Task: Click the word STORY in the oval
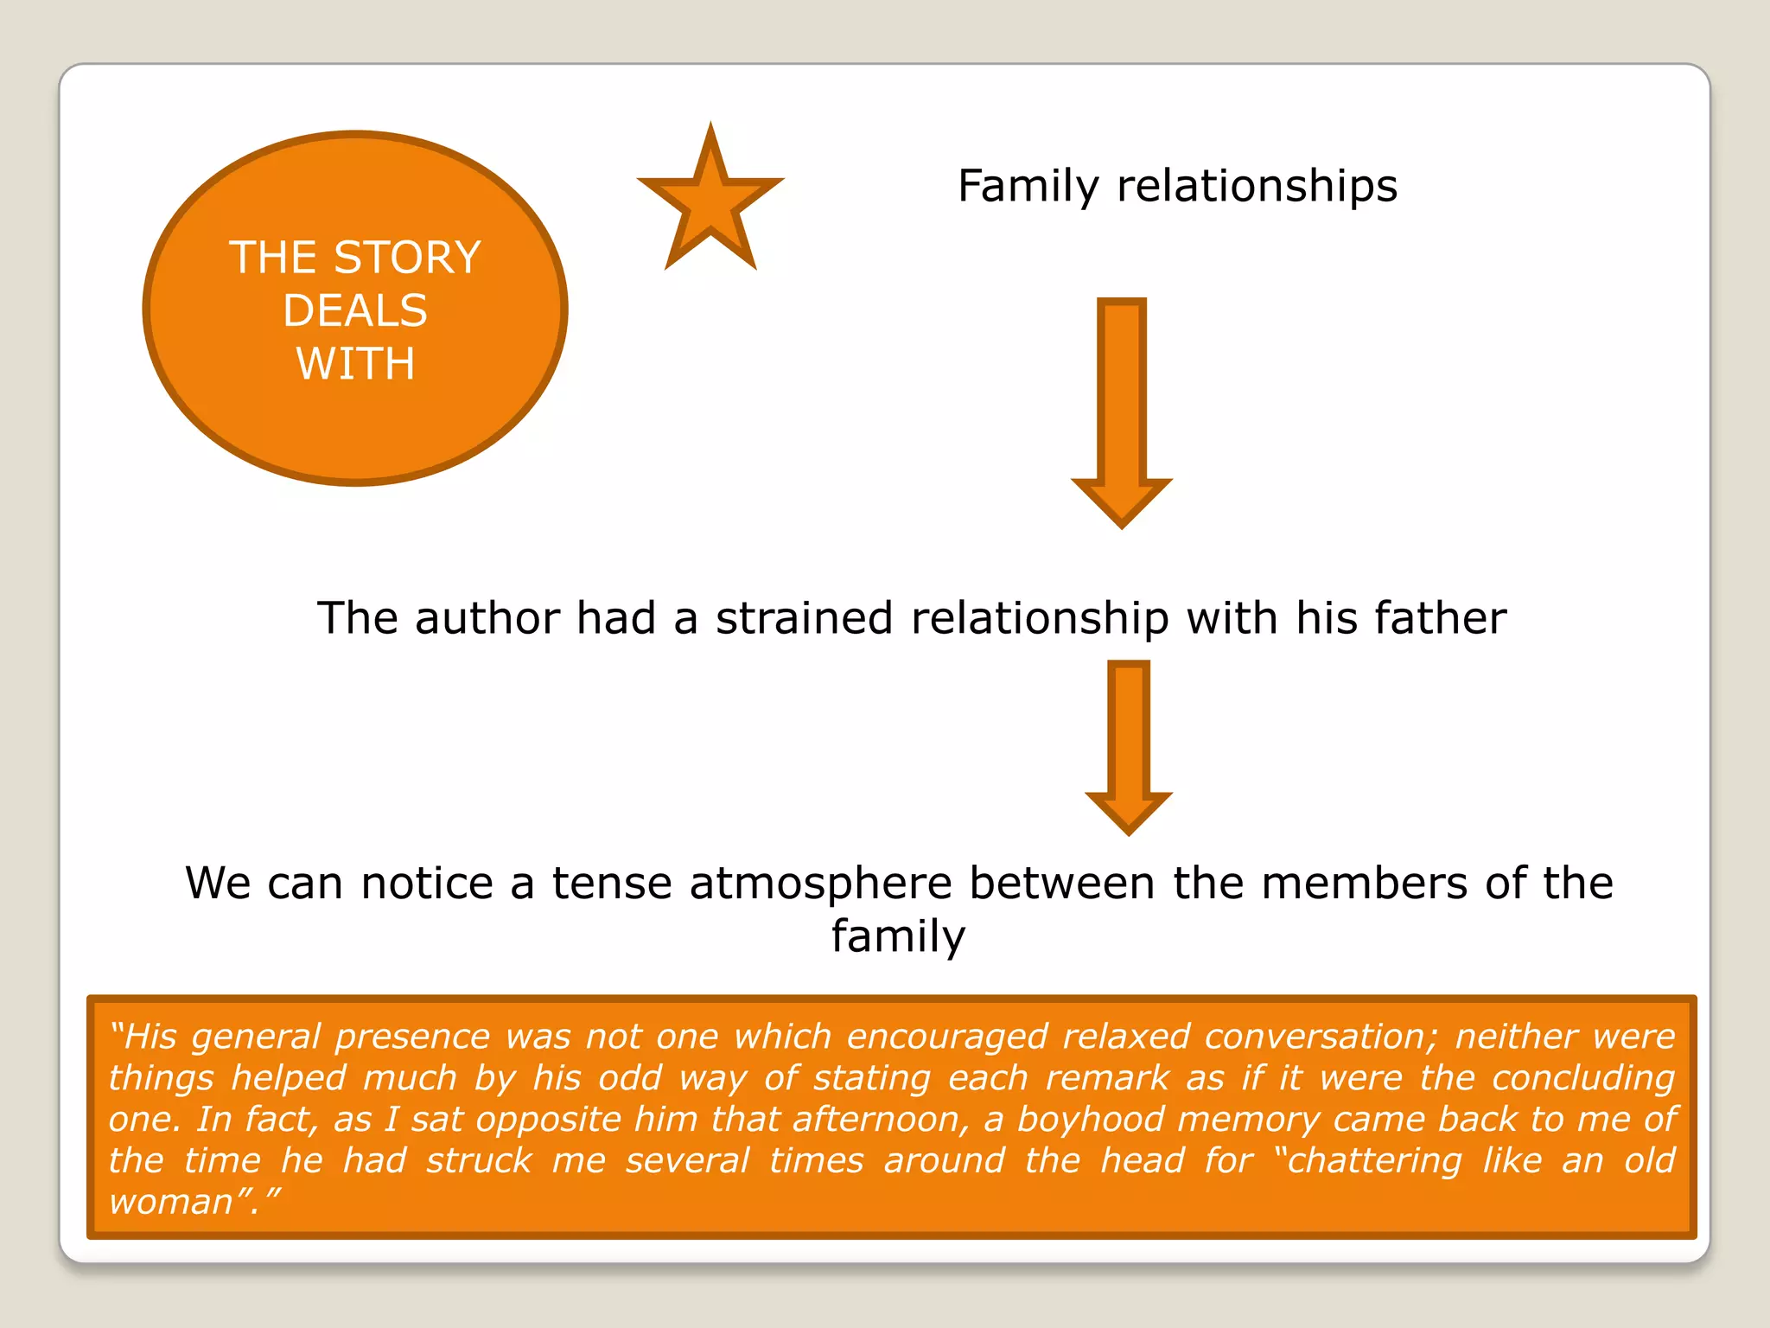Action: (407, 258)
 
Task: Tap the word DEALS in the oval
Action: (355, 310)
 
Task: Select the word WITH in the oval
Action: (355, 363)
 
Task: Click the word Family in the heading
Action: (1028, 186)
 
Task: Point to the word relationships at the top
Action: (1257, 186)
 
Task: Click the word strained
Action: (804, 618)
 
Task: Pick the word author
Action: (487, 618)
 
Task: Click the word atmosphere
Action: (820, 884)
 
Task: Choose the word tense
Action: (612, 884)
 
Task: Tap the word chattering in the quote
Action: (1373, 1161)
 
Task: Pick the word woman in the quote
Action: (172, 1202)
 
